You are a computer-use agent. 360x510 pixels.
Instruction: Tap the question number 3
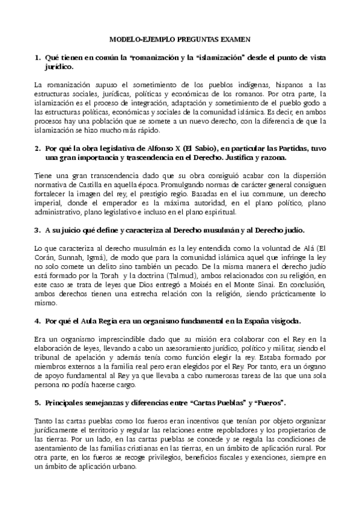(38, 230)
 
